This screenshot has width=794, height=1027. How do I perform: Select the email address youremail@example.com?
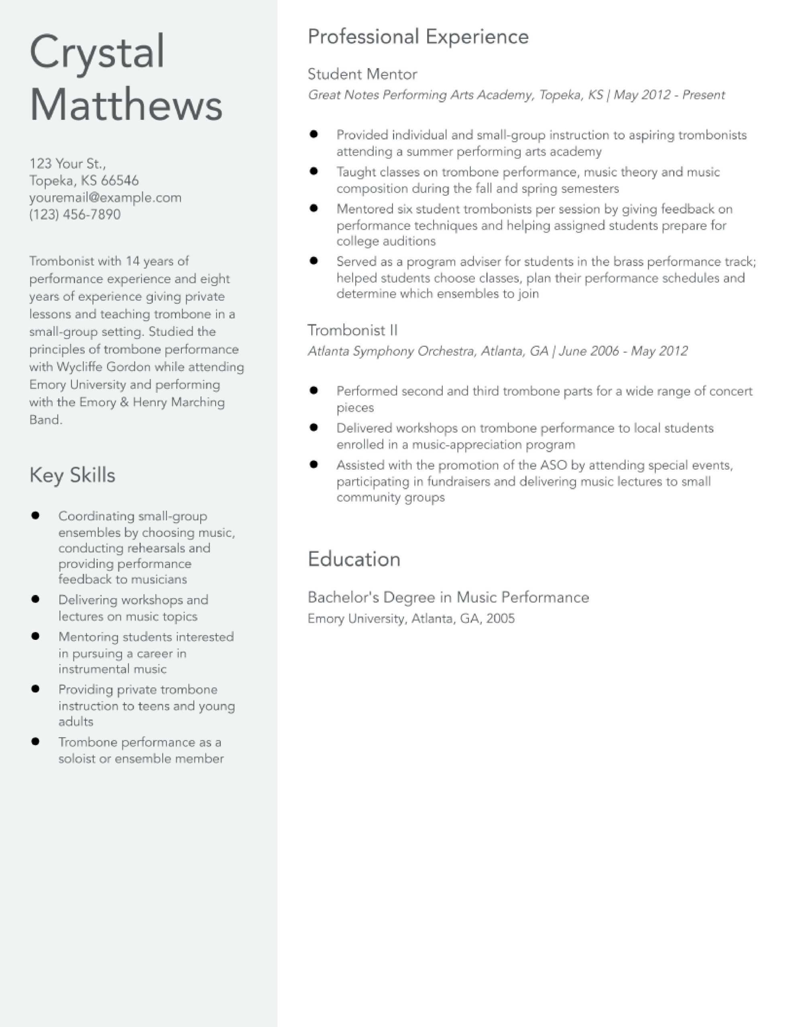point(106,197)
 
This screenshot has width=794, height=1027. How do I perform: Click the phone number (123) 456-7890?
point(75,215)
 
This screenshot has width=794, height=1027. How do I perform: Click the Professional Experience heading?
point(418,37)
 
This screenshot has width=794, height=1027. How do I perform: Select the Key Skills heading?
point(72,475)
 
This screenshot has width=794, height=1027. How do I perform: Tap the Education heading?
point(354,559)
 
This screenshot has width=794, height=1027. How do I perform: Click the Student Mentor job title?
point(362,74)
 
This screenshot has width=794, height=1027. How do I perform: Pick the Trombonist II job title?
point(352,330)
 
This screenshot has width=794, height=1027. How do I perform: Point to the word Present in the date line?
point(703,95)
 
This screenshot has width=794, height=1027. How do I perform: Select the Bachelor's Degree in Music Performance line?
point(448,597)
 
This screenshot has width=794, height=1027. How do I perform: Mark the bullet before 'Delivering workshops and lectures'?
point(35,599)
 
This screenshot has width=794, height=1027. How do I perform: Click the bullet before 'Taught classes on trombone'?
point(314,171)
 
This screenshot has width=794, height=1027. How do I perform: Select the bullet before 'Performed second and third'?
point(314,390)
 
